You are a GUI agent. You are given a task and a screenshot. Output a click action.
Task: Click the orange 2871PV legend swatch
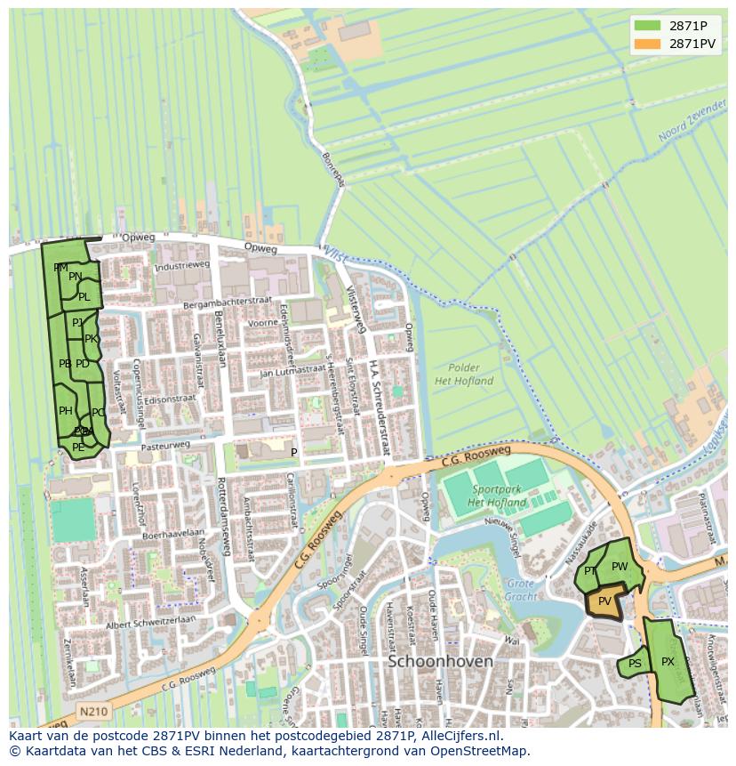(x=647, y=44)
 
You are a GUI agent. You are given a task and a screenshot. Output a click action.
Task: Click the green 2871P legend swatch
(x=647, y=25)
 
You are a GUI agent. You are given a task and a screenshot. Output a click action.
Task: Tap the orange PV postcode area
(x=604, y=601)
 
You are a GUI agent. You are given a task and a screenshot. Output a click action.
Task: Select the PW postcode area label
(x=620, y=567)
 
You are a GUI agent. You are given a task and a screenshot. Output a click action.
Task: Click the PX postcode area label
(x=668, y=662)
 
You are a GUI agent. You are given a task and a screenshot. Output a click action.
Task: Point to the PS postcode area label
(x=635, y=664)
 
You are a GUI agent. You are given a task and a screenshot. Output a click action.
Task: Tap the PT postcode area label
(x=590, y=571)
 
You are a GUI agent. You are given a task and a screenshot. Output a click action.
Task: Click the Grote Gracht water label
(x=521, y=590)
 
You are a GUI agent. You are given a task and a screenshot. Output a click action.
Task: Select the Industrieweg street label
(x=181, y=266)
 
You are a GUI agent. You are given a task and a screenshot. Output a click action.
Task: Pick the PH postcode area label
(x=65, y=411)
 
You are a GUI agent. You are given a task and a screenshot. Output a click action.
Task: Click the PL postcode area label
(x=84, y=297)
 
